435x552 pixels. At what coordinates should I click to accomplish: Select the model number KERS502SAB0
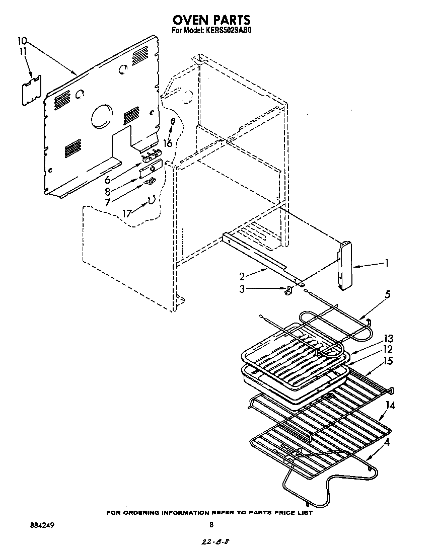click(226, 30)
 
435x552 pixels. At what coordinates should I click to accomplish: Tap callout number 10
click(22, 40)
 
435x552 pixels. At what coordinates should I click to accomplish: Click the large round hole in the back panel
click(102, 116)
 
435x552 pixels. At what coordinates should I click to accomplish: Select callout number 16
click(168, 143)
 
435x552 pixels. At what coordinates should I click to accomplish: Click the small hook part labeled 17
click(150, 202)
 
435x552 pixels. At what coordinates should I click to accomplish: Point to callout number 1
click(387, 262)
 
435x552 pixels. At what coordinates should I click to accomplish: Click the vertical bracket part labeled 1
click(344, 266)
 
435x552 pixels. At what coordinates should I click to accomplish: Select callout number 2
click(242, 276)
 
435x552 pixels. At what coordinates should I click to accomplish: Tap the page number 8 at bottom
click(211, 525)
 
